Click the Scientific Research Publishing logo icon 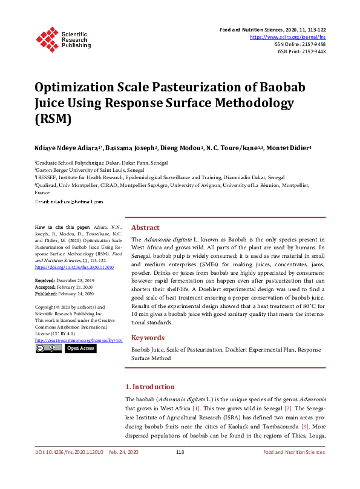pyautogui.click(x=48, y=38)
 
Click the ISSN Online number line pyautogui.click(x=300, y=44)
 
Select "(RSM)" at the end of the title pyautogui.click(x=53, y=119)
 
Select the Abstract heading pyautogui.click(x=145, y=228)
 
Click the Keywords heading pyautogui.click(x=148, y=338)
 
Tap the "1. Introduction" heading pyautogui.click(x=149, y=387)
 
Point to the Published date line pyautogui.click(x=64, y=294)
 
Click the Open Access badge pyautogui.click(x=80, y=348)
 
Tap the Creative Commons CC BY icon pyautogui.click(x=48, y=348)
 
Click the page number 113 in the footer pyautogui.click(x=180, y=452)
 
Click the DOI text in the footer pyautogui.click(x=68, y=452)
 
